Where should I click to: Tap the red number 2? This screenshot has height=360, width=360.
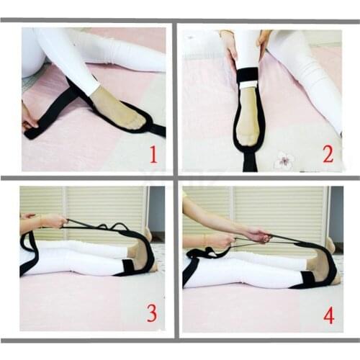pyautogui.click(x=328, y=154)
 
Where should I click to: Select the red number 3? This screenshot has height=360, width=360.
pyautogui.click(x=152, y=313)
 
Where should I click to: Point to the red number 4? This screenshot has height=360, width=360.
pyautogui.click(x=329, y=314)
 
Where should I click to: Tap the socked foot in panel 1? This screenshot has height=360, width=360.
pyautogui.click(x=119, y=109)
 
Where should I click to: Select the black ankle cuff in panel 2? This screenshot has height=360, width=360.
pyautogui.click(x=248, y=76)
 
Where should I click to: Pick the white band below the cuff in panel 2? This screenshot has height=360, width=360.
pyautogui.click(x=248, y=86)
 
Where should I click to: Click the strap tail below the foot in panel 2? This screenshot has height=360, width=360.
pyautogui.click(x=250, y=162)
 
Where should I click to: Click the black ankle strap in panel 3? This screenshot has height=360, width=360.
pyautogui.click(x=130, y=267)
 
